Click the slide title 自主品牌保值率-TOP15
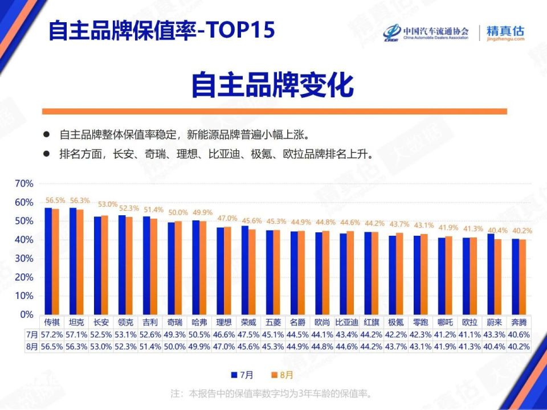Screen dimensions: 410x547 tap(161, 30)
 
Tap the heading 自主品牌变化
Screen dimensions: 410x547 tap(272, 85)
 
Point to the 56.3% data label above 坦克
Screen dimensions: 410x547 tap(80, 200)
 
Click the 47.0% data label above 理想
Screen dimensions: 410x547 tap(227, 218)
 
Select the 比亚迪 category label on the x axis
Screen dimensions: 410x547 tap(347, 322)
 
